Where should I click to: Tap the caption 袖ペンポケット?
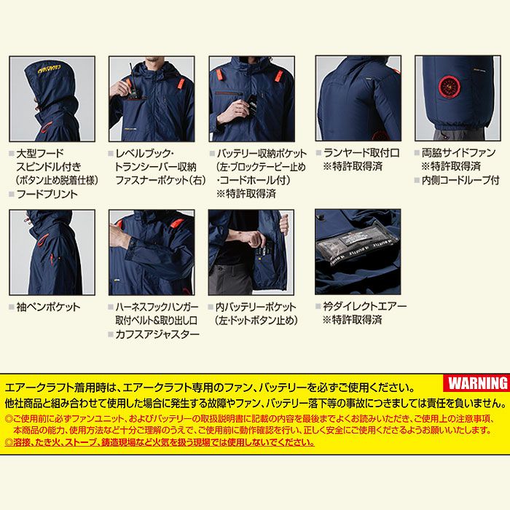coord(48,307)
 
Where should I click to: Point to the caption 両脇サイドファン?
coord(459,153)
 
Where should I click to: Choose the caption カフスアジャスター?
coord(157,334)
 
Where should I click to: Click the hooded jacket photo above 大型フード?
coord(52,98)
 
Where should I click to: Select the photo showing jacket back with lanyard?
coord(358,98)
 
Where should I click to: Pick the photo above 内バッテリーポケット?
coord(251,252)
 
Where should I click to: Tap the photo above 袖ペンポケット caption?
coord(52,252)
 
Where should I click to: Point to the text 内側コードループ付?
coord(461,180)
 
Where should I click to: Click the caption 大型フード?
coord(40,153)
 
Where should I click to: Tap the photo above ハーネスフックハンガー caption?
coord(152,252)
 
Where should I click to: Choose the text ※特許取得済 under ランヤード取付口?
coord(353,167)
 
